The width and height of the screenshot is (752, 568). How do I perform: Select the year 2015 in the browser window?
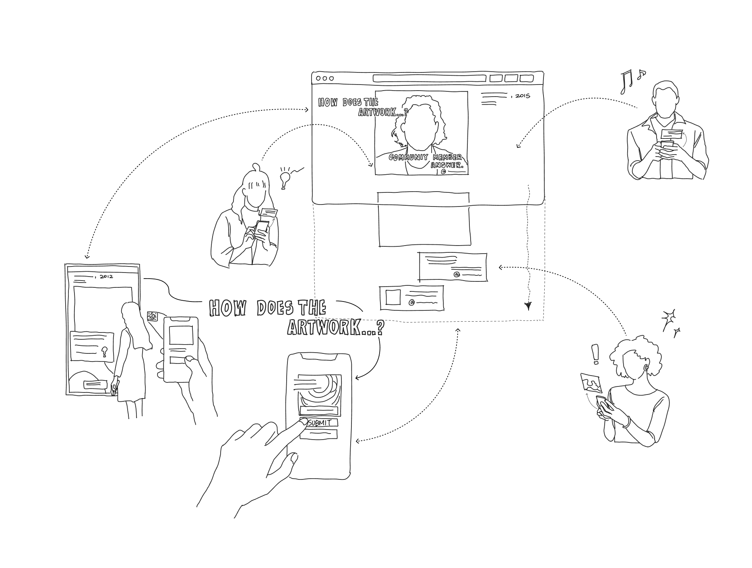tap(522, 96)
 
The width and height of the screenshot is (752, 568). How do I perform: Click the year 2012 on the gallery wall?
tap(106, 277)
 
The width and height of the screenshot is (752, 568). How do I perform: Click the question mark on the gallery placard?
tap(105, 352)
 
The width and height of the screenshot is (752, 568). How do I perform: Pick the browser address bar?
tap(429, 78)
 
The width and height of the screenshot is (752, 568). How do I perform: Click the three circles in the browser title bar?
tap(324, 78)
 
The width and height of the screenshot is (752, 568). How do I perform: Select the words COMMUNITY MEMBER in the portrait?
tap(425, 157)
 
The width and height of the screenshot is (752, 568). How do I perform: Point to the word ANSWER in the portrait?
tap(447, 165)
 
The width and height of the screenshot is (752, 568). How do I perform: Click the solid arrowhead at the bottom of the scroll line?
tap(529, 306)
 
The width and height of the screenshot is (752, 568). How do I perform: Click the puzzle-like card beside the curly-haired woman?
tap(591, 383)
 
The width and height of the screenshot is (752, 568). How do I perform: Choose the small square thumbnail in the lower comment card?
tap(393, 297)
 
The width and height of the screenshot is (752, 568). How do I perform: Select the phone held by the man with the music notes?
tap(667, 145)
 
